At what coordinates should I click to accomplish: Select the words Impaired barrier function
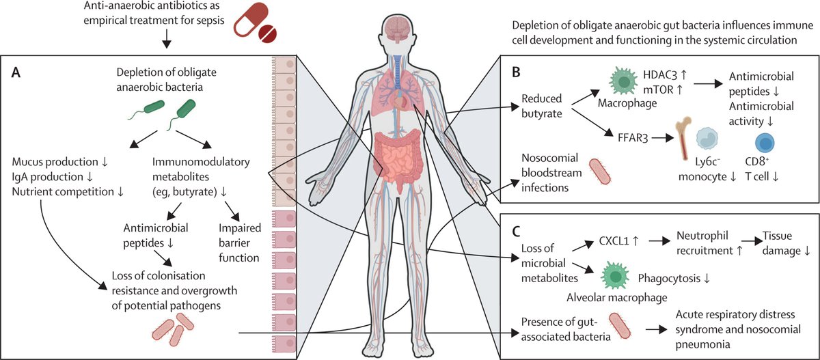click(x=240, y=243)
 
